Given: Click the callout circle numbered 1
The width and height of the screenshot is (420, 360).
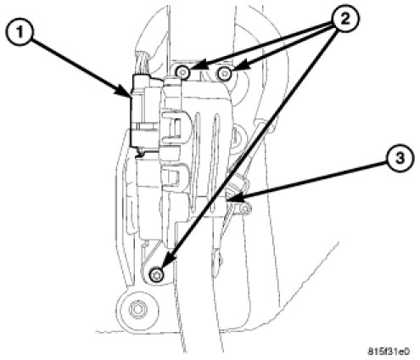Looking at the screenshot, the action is click(x=20, y=31).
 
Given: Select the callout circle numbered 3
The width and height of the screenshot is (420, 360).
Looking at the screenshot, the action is click(x=399, y=159).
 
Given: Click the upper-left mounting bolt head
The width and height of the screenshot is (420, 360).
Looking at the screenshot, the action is click(x=183, y=73).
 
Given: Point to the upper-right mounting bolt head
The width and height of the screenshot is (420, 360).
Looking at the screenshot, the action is click(x=225, y=74).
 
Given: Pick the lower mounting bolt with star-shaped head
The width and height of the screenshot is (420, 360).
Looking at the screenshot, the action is click(x=156, y=274).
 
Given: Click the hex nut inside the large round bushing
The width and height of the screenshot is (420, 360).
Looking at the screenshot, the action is click(x=137, y=309).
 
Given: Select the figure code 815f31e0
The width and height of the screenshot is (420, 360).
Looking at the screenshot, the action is click(x=389, y=352).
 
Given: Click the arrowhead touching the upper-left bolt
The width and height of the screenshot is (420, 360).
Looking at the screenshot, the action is click(x=199, y=69).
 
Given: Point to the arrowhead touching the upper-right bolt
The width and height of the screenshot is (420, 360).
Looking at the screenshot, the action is click(x=240, y=67).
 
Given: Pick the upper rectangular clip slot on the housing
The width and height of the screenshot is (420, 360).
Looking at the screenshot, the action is click(x=175, y=127).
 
